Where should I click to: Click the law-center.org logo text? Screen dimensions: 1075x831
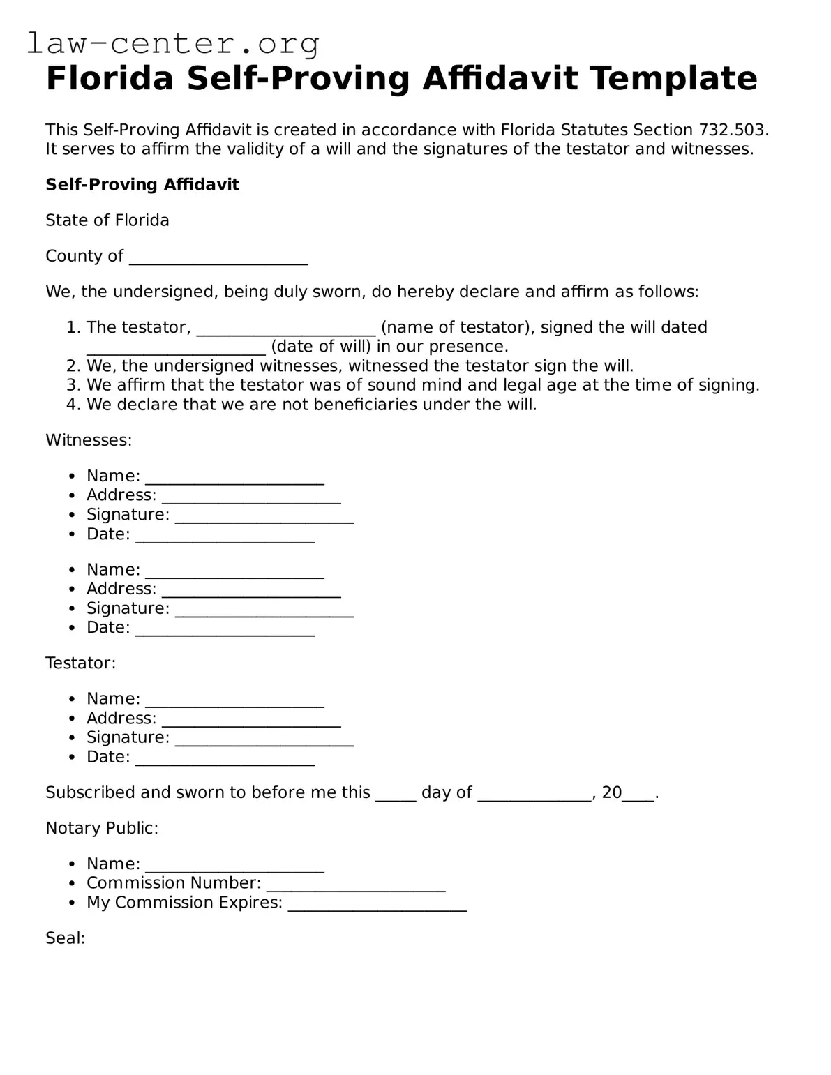pos(173,43)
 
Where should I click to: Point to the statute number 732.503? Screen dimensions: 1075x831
pos(731,130)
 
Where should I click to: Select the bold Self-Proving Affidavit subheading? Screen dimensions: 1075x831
pos(142,185)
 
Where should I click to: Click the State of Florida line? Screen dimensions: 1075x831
pos(107,220)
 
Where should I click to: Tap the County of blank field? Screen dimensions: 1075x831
pos(218,258)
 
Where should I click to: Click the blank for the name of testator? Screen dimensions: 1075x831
pos(286,329)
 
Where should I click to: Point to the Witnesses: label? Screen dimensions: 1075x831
pos(89,440)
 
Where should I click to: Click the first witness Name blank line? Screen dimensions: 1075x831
pos(234,478)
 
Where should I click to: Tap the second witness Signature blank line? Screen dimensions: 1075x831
pos(264,610)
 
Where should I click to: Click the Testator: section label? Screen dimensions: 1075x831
pos(80,663)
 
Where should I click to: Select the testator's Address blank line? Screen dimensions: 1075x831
pos(251,720)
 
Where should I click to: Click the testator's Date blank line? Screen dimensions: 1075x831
pos(225,759)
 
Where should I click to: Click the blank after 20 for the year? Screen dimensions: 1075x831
pos(638,795)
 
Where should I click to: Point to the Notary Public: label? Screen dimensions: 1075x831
pos(102,828)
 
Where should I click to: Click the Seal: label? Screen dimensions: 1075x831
pos(65,938)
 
